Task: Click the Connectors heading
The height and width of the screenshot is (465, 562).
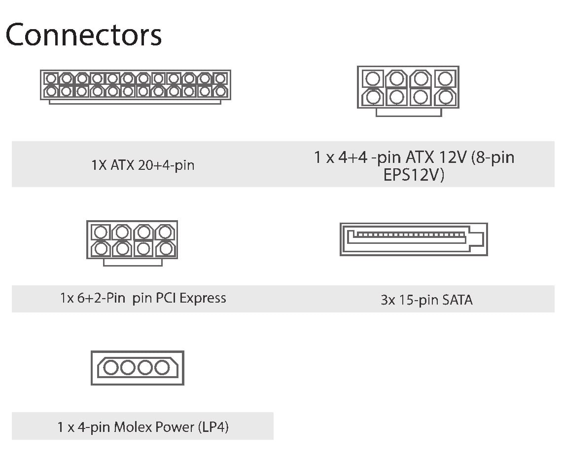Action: click(x=83, y=35)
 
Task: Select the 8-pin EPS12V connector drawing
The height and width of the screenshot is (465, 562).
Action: click(x=408, y=91)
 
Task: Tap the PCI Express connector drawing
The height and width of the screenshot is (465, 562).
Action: click(x=132, y=243)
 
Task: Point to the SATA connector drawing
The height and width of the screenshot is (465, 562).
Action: click(x=414, y=239)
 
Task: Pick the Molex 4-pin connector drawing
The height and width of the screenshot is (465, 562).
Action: click(x=138, y=368)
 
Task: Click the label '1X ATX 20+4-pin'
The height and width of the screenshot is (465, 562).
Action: click(x=142, y=165)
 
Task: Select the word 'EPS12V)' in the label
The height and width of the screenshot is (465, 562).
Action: click(x=414, y=175)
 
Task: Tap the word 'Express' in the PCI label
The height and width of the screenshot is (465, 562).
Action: click(x=203, y=298)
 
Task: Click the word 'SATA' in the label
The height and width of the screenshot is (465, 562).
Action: click(x=457, y=300)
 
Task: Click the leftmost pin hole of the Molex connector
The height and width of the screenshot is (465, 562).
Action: click(x=111, y=368)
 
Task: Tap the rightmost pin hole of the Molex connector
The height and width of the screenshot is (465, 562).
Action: click(x=162, y=368)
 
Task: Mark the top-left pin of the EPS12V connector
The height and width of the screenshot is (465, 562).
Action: click(x=373, y=78)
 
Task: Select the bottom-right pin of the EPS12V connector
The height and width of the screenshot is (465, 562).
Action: click(x=446, y=97)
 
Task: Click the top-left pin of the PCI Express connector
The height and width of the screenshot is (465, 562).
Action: click(x=101, y=232)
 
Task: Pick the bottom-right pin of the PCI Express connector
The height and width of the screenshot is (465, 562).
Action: click(x=165, y=249)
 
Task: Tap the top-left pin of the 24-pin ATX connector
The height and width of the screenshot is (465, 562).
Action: click(x=51, y=78)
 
